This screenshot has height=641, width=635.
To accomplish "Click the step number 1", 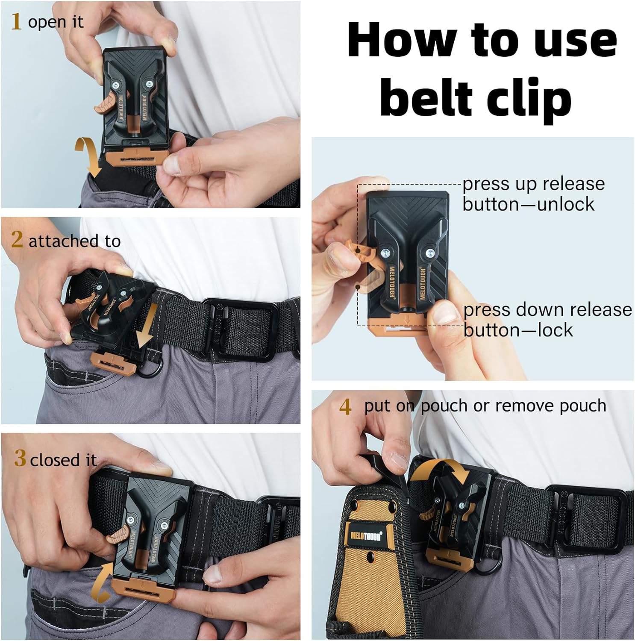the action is pyautogui.click(x=16, y=21).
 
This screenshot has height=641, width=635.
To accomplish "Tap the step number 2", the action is pyautogui.click(x=17, y=239).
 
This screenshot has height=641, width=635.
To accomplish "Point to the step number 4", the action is pyautogui.click(x=345, y=406).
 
